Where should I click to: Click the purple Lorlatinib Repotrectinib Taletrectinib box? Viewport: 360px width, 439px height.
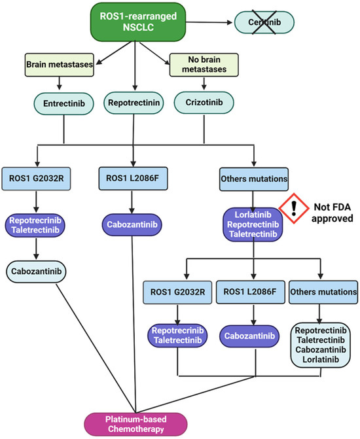click(253, 225)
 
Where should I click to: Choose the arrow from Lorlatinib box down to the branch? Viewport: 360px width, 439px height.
click(253, 249)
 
